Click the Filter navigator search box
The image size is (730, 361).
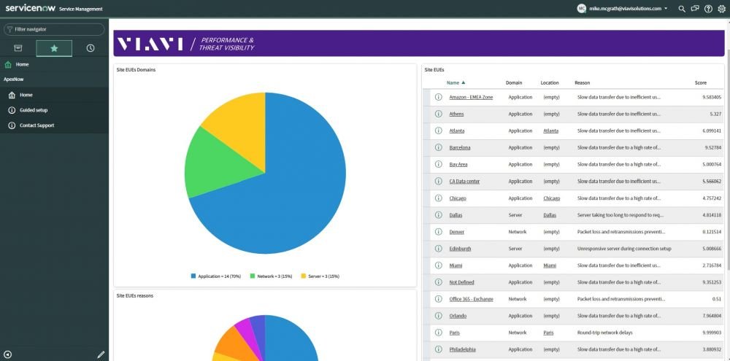click(54, 29)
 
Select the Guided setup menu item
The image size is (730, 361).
click(34, 110)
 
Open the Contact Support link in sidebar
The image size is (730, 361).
click(36, 125)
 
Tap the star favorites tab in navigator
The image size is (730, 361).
click(54, 48)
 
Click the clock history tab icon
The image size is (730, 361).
click(91, 48)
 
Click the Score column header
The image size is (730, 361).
click(701, 83)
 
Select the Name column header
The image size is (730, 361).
click(453, 83)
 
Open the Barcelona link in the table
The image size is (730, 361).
click(460, 148)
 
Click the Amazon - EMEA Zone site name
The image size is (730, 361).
click(471, 97)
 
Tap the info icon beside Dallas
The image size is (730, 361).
click(438, 215)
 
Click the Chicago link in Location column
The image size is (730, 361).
click(552, 198)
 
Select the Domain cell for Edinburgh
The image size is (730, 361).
click(515, 249)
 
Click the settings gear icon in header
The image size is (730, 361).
click(722, 9)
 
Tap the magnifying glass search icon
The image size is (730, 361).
click(682, 9)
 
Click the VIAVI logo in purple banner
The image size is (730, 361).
click(149, 44)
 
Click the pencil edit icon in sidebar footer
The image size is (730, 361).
click(101, 354)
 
